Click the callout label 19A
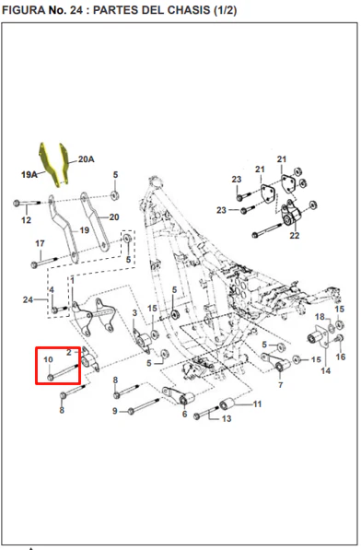(29, 174)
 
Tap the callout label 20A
(86, 159)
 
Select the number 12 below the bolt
(27, 220)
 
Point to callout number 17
(40, 243)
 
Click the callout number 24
(28, 300)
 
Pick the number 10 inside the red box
(48, 359)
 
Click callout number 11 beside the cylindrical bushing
(258, 404)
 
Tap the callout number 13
(227, 418)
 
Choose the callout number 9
(115, 411)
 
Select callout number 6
(185, 415)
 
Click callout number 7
(280, 385)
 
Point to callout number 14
(326, 370)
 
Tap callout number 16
(341, 357)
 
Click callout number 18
(320, 317)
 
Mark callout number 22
(295, 235)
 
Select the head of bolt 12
(17, 203)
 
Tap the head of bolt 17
(34, 264)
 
